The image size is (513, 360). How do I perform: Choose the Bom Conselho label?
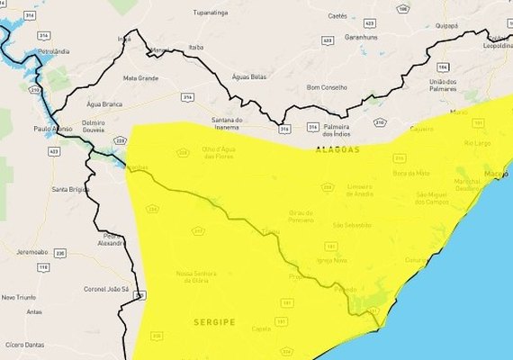tap(327, 87)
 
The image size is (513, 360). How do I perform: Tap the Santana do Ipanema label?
tap(227, 124)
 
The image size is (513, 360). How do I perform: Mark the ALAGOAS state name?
tap(337, 149)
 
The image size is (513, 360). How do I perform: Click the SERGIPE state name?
tap(212, 320)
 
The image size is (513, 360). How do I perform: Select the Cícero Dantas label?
tap(23, 345)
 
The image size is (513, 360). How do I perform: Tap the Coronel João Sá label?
tap(107, 289)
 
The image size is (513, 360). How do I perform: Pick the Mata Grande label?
tap(140, 78)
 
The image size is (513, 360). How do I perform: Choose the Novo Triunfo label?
tap(21, 297)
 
